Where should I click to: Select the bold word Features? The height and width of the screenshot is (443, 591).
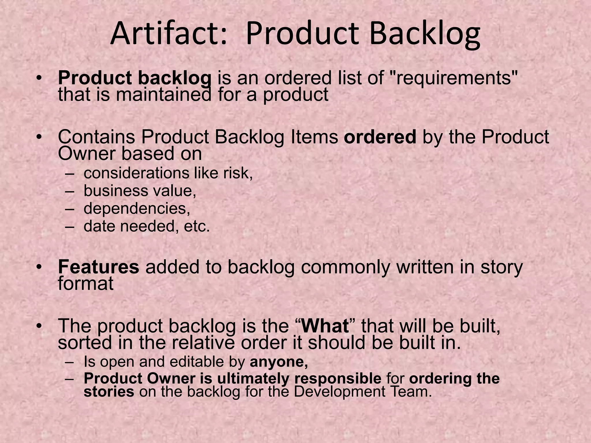pos(98,267)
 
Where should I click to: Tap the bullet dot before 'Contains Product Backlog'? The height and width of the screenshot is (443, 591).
pos(40,137)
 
